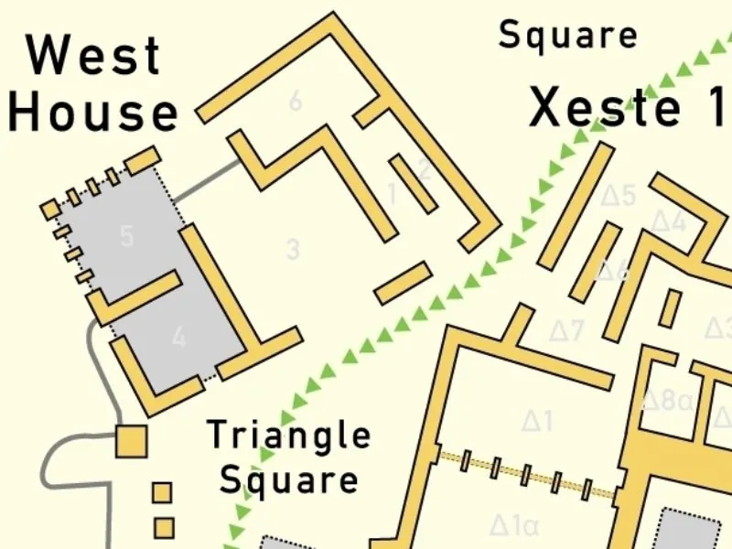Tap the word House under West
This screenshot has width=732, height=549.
pyautogui.click(x=92, y=113)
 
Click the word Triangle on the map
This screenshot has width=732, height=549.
pyautogui.click(x=289, y=436)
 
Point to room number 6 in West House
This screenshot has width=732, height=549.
pyautogui.click(x=295, y=101)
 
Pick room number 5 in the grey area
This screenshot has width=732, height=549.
pyautogui.click(x=126, y=236)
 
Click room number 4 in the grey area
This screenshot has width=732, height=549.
pyautogui.click(x=178, y=337)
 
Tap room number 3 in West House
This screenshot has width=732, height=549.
pyautogui.click(x=293, y=248)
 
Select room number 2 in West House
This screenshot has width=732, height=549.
pyautogui.click(x=424, y=168)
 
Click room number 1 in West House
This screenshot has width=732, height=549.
pyautogui.click(x=393, y=194)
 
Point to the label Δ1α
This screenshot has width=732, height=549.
pyautogui.click(x=513, y=526)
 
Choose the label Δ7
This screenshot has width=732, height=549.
pyautogui.click(x=565, y=330)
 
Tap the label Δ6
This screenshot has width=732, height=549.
pyautogui.click(x=613, y=270)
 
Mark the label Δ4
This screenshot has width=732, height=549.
pyautogui.click(x=668, y=221)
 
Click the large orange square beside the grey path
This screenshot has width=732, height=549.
pyautogui.click(x=132, y=442)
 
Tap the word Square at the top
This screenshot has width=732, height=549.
pyautogui.click(x=567, y=36)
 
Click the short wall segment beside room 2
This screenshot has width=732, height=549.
pyautogui.click(x=412, y=182)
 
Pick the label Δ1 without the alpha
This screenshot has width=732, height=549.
pyautogui.click(x=538, y=421)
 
